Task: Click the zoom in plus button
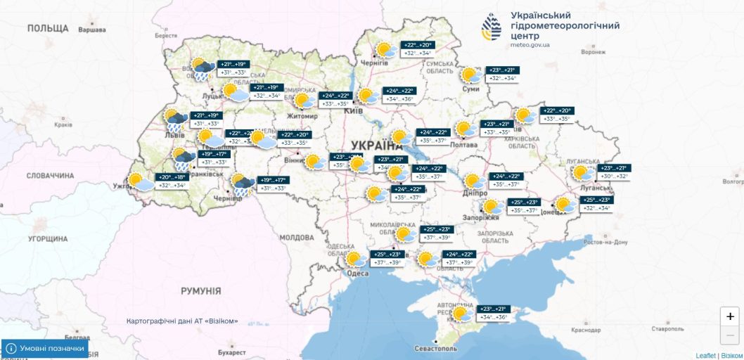731,316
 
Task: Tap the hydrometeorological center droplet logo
492,27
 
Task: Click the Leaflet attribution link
706,355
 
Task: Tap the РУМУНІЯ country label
200,290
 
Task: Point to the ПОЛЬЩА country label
48,28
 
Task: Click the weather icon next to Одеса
357,259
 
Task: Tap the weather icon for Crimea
462,314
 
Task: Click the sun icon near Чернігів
384,50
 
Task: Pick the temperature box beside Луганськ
613,172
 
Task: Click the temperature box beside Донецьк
595,205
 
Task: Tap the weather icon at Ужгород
139,183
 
